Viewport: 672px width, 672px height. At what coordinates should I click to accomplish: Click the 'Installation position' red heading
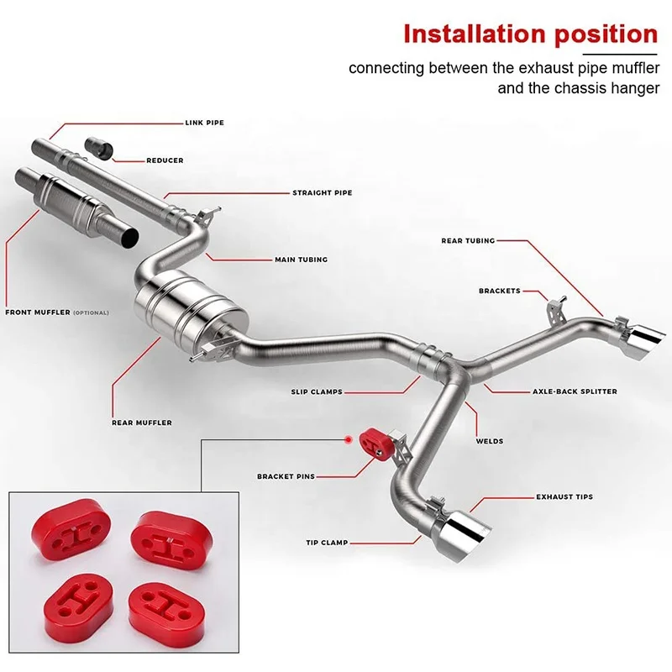pyautogui.click(x=530, y=34)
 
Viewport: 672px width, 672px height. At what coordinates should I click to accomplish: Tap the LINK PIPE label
pyautogui.click(x=204, y=123)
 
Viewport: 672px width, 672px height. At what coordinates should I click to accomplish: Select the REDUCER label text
pyautogui.click(x=165, y=160)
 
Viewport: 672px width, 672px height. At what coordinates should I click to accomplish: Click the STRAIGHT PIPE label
pyautogui.click(x=322, y=193)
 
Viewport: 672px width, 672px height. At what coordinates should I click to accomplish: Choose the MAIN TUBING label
pyautogui.click(x=301, y=260)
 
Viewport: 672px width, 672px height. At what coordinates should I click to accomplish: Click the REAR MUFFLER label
pyautogui.click(x=141, y=423)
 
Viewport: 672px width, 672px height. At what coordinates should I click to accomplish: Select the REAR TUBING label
pyautogui.click(x=468, y=241)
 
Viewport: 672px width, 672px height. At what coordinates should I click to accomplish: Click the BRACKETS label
pyautogui.click(x=499, y=291)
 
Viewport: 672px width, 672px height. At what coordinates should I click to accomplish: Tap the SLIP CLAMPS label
pyautogui.click(x=317, y=391)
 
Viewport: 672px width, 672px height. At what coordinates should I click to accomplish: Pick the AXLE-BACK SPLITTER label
pyautogui.click(x=575, y=391)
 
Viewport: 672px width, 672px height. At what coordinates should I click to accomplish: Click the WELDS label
pyautogui.click(x=490, y=440)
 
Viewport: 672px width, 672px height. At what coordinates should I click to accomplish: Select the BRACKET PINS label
pyautogui.click(x=286, y=476)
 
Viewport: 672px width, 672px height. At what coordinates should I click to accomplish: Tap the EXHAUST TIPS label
pyautogui.click(x=564, y=496)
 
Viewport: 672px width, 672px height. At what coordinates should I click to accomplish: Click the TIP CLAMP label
pyautogui.click(x=327, y=543)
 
